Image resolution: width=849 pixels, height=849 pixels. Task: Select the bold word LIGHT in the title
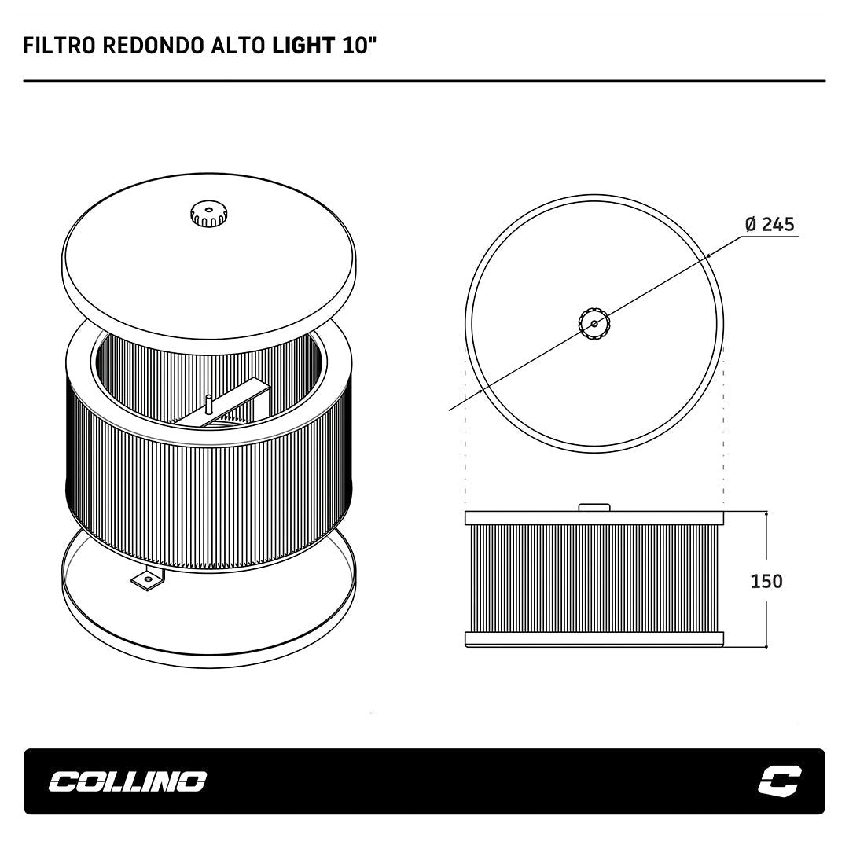303,46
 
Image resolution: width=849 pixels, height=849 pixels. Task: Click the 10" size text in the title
358,46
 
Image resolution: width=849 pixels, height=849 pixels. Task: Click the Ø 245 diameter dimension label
770,224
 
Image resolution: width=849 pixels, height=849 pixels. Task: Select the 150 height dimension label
766,581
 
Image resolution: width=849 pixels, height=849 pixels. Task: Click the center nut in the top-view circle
594,324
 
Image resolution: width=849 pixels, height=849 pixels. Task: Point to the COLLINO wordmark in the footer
128,781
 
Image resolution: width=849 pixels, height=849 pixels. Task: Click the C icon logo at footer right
780,781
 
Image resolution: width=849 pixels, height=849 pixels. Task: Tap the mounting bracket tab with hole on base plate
147,579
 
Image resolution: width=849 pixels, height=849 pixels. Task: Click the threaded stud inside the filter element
208,405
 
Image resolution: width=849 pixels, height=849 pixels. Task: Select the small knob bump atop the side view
594,507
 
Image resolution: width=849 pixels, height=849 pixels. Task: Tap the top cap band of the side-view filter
594,517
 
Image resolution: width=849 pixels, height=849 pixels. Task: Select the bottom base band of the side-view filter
594,639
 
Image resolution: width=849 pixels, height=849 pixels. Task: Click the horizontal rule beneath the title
424,81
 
